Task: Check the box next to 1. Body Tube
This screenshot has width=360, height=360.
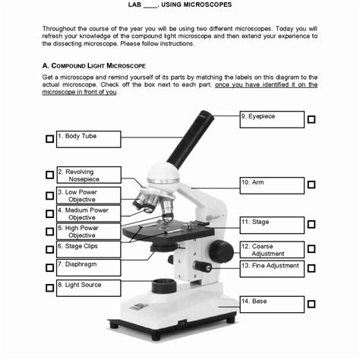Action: coord(49,139)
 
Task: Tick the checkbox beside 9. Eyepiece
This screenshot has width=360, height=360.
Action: coord(311,119)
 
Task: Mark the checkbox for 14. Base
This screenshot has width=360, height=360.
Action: coord(311,304)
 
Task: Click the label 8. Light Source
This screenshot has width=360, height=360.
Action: coord(88,288)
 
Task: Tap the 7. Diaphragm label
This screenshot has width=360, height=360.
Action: coord(88,267)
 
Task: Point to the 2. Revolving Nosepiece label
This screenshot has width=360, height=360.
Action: coord(88,175)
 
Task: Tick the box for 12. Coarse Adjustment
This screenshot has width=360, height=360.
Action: coord(311,249)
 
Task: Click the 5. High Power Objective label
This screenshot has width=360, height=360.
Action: coord(88,231)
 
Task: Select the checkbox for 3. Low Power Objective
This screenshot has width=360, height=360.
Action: coord(49,195)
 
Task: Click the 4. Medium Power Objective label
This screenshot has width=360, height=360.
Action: coord(88,213)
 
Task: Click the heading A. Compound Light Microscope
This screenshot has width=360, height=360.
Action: coord(93,66)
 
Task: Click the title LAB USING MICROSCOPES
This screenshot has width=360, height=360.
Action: coord(180,5)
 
